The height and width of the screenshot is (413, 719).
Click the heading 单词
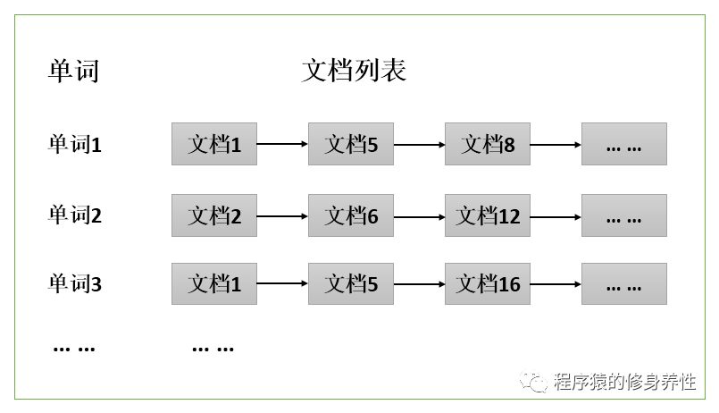coord(73,71)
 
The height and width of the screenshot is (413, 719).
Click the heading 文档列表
coord(355,71)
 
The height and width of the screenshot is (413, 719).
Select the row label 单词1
coord(75,143)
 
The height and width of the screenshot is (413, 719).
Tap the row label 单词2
coord(75,215)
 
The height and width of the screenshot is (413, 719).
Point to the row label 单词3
coord(75,284)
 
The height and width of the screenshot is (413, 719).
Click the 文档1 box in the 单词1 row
coord(214,144)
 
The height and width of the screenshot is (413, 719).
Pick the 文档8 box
coord(488,144)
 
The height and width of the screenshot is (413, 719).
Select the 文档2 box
coord(214,215)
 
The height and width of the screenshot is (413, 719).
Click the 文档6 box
coord(351,215)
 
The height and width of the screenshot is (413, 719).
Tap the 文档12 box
coord(488,215)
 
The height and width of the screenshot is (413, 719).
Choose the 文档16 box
coord(488,284)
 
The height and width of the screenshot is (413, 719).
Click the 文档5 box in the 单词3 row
coord(351,284)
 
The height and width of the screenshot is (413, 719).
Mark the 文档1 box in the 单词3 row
coord(214,284)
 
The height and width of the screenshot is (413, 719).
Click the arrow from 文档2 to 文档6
coord(282,215)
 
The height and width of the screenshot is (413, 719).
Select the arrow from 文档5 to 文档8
coord(419,144)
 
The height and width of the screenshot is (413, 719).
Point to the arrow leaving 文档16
coord(556,284)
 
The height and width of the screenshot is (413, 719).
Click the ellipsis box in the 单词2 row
coord(624,215)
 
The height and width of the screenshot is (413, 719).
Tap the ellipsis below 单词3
coord(75,347)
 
